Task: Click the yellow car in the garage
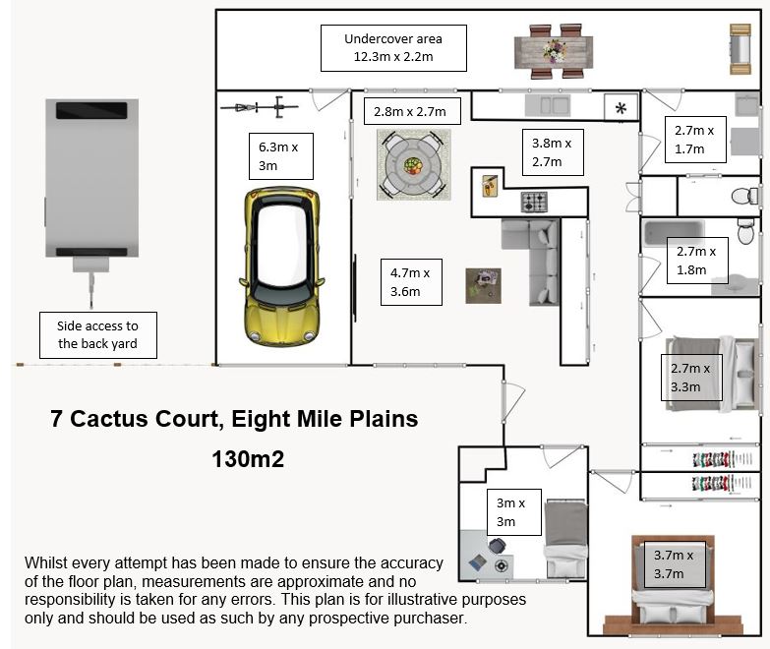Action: click(x=281, y=266)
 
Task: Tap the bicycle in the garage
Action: click(x=259, y=106)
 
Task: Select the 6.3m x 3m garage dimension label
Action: click(x=281, y=156)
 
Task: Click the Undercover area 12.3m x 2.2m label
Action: click(x=393, y=48)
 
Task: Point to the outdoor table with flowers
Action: click(x=554, y=51)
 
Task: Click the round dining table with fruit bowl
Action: click(x=413, y=164)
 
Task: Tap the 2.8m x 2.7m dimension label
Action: click(x=412, y=111)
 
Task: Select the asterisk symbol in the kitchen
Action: click(x=621, y=108)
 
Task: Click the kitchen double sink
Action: click(x=548, y=105)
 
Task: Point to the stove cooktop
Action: click(x=534, y=202)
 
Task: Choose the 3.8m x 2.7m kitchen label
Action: click(x=553, y=152)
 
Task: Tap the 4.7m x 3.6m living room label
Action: click(x=411, y=282)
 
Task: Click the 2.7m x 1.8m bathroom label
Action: click(x=697, y=261)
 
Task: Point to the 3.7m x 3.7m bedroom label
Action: click(x=674, y=564)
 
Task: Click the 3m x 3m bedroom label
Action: click(x=513, y=512)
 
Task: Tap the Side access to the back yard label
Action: click(x=97, y=334)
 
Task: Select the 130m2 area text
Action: click(x=248, y=459)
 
